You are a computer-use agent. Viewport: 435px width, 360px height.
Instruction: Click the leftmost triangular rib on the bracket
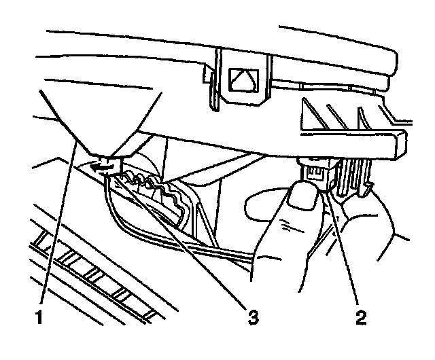click(x=313, y=109)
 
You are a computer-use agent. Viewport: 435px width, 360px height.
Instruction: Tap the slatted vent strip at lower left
click(x=88, y=272)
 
